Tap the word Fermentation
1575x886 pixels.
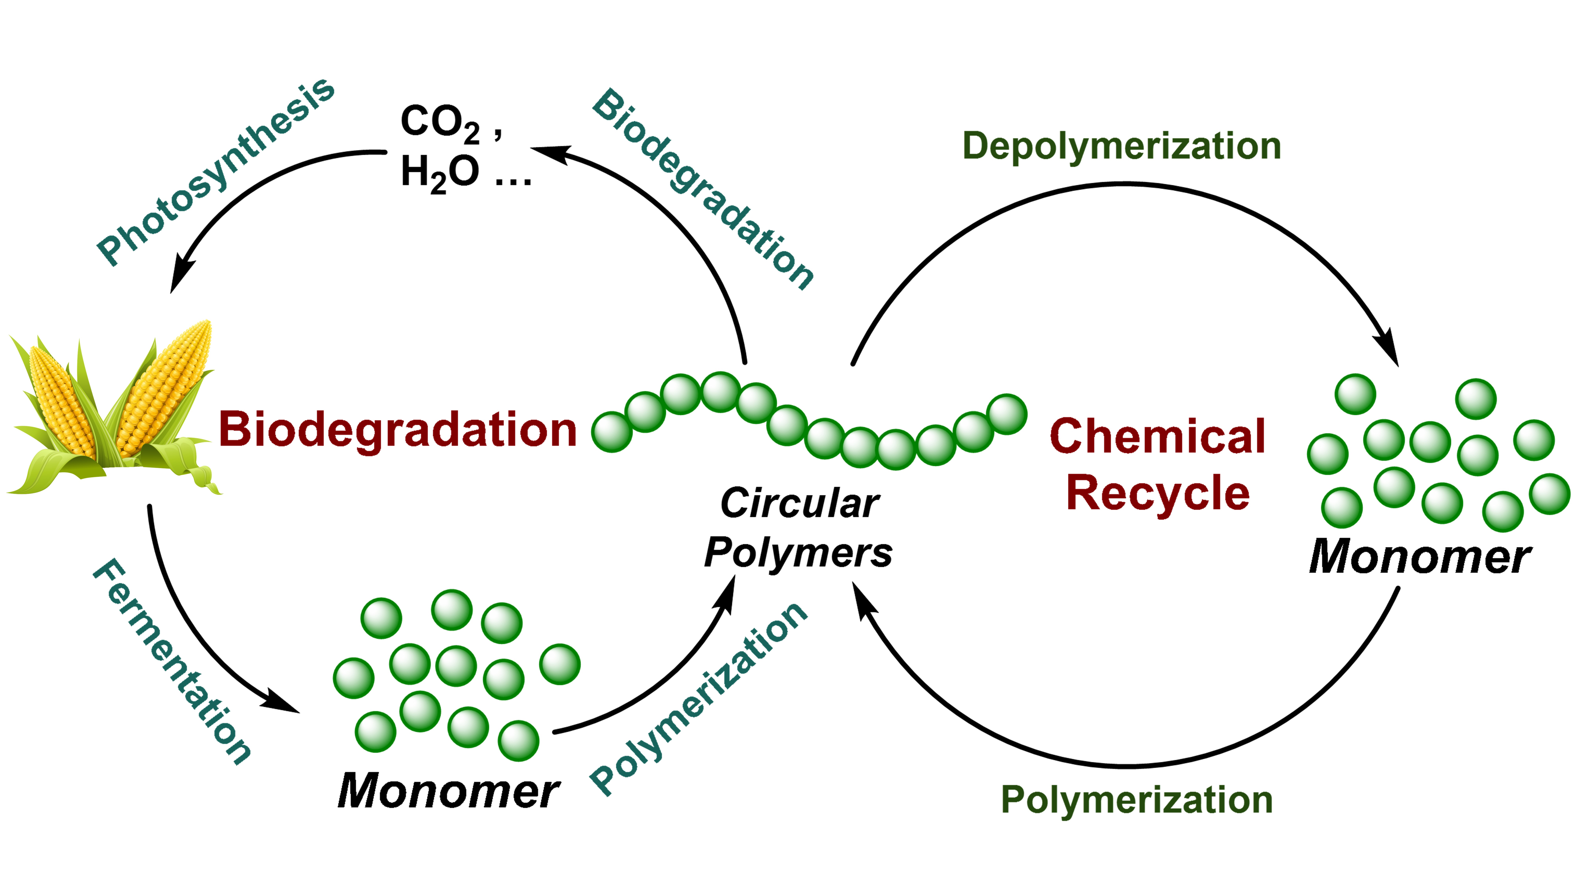[171, 660]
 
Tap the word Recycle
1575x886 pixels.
[1157, 493]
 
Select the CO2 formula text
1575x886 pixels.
[440, 122]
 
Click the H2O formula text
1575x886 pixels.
[440, 172]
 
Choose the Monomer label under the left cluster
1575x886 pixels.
[448, 791]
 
